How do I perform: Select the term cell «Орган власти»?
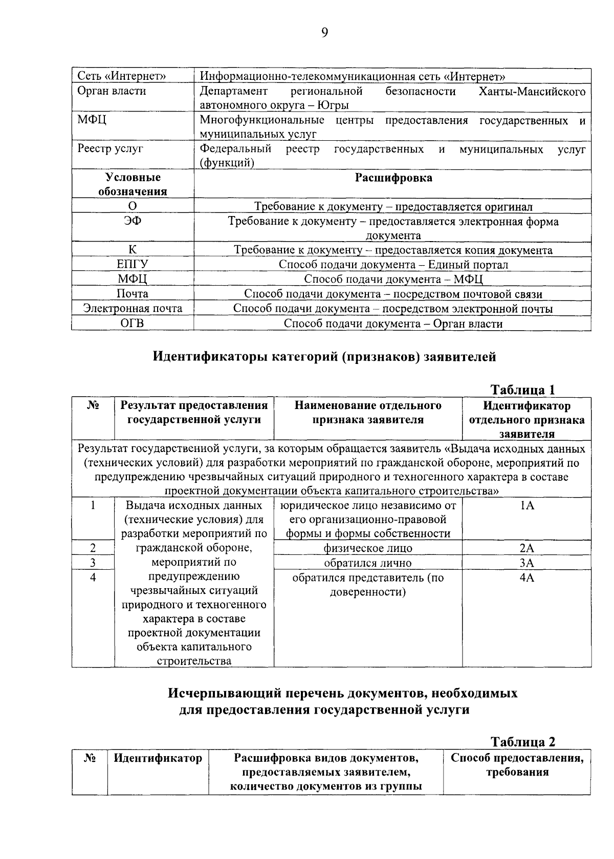112,91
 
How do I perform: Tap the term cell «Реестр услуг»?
110,149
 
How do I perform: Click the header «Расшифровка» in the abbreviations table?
393,178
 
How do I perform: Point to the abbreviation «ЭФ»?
133,221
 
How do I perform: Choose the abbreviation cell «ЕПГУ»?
133,265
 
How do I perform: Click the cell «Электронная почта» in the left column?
133,309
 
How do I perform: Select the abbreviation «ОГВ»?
133,324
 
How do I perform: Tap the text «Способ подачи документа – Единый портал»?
393,265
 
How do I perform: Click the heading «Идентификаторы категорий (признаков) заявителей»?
324,357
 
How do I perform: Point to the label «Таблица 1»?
522,390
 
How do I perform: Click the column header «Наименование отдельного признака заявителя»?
367,413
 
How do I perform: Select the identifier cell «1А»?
527,506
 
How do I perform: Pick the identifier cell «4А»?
527,578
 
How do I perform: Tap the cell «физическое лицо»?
367,548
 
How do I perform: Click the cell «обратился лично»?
367,563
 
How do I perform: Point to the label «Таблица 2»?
522,742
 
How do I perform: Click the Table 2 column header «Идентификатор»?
158,758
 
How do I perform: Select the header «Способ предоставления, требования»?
517,765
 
